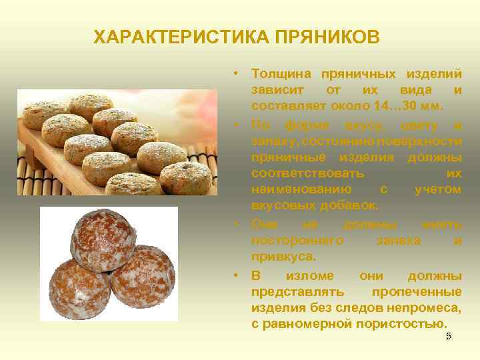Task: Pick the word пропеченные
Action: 416,291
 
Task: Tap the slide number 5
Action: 449,337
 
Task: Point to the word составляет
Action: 285,106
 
